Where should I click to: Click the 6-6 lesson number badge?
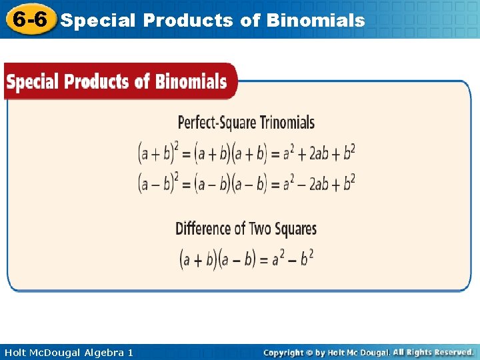tap(29, 19)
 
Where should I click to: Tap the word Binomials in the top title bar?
tap(315, 21)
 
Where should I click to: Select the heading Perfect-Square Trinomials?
tap(246, 123)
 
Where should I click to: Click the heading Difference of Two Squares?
tap(246, 229)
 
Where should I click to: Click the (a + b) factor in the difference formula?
tap(199, 259)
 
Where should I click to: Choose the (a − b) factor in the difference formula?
tap(237, 259)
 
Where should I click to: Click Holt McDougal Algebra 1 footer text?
tap(68, 352)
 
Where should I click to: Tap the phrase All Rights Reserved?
tap(433, 352)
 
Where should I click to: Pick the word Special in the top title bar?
tap(99, 21)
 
